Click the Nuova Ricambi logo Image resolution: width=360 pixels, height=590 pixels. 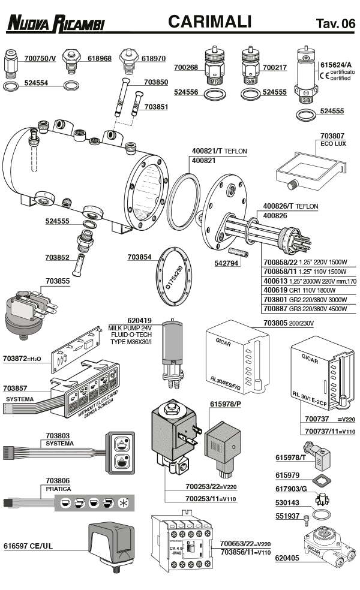tap(55, 23)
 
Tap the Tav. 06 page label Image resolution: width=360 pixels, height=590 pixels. tap(335, 23)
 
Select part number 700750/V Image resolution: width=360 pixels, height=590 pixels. tap(40, 58)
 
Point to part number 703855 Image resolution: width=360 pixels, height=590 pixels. tap(58, 280)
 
